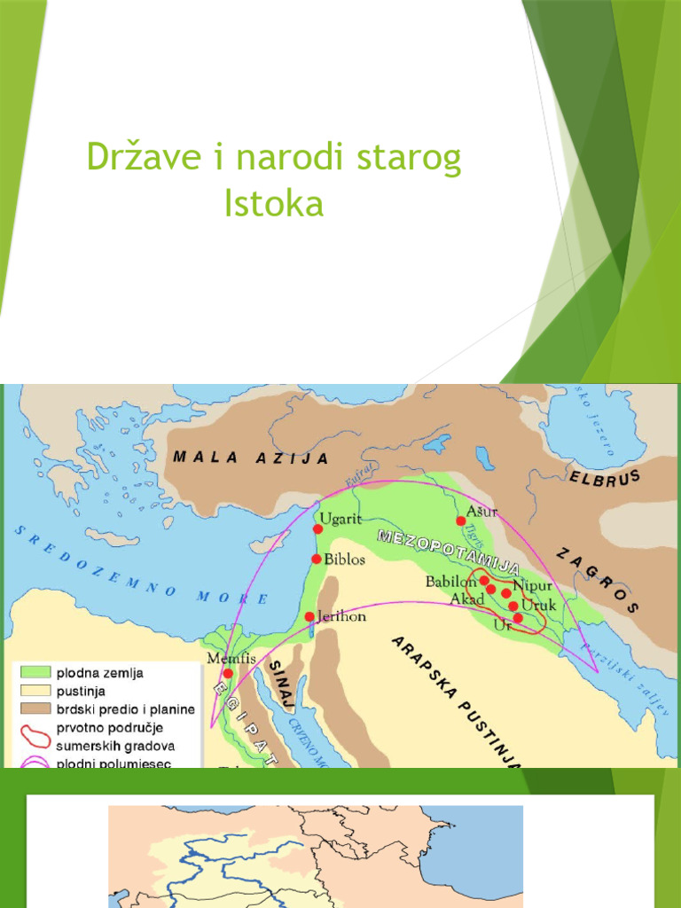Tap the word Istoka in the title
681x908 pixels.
point(274,203)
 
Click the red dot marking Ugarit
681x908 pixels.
point(317,528)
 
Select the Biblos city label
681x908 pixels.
point(345,560)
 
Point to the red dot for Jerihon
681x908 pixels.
point(309,616)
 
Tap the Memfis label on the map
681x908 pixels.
point(224,659)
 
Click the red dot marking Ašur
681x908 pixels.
point(460,521)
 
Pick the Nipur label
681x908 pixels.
point(533,587)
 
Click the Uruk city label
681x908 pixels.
point(537,606)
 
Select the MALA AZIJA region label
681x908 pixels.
point(251,458)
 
